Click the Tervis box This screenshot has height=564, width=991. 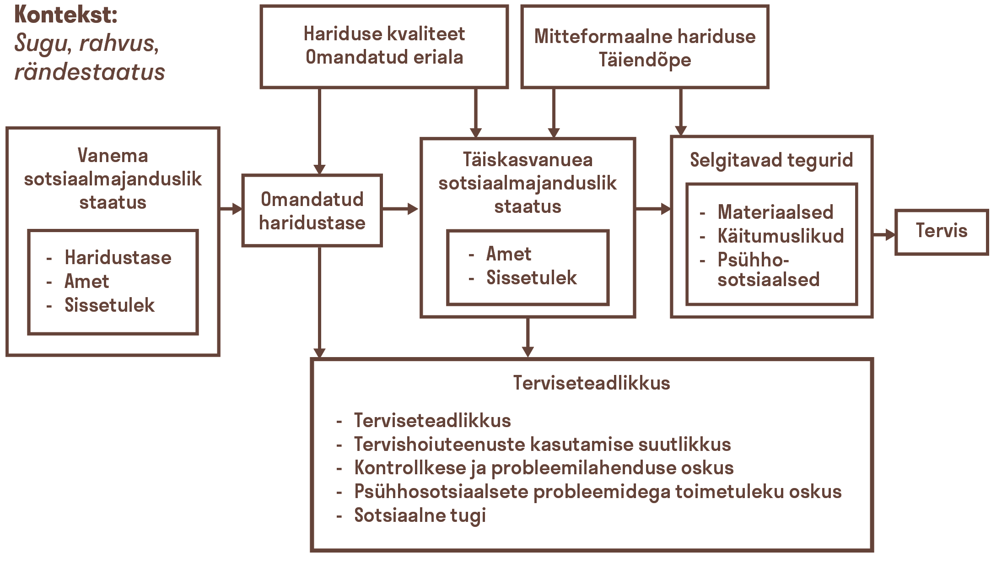pyautogui.click(x=941, y=232)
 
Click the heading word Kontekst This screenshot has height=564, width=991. pyautogui.click(x=66, y=15)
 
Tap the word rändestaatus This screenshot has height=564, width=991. pyautogui.click(x=90, y=72)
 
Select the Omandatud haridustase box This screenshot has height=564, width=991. pyautogui.click(x=312, y=211)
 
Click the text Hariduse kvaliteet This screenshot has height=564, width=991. pyautogui.click(x=384, y=34)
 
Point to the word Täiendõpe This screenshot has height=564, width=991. pyautogui.click(x=645, y=60)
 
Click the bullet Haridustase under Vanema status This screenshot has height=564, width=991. pyautogui.click(x=118, y=258)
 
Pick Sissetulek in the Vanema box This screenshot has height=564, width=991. pyautogui.click(x=109, y=305)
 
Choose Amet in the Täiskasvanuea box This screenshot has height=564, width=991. pyautogui.click(x=508, y=254)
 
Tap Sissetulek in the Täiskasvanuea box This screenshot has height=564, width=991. pyautogui.click(x=531, y=278)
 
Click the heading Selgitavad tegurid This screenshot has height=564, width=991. pyautogui.click(x=771, y=160)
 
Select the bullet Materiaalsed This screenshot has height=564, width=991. pyautogui.click(x=775, y=212)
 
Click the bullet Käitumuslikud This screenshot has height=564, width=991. pyautogui.click(x=781, y=236)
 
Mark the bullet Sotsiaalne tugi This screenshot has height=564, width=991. pyautogui.click(x=420, y=515)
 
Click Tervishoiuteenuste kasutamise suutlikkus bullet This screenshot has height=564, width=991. pyautogui.click(x=542, y=445)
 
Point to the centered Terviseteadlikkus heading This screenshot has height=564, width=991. pyautogui.click(x=591, y=383)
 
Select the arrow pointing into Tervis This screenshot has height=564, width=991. pyautogui.click(x=884, y=235)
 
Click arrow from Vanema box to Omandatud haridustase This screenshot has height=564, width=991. pyautogui.click(x=231, y=209)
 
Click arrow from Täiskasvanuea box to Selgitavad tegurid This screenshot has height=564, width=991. pyautogui.click(x=653, y=209)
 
